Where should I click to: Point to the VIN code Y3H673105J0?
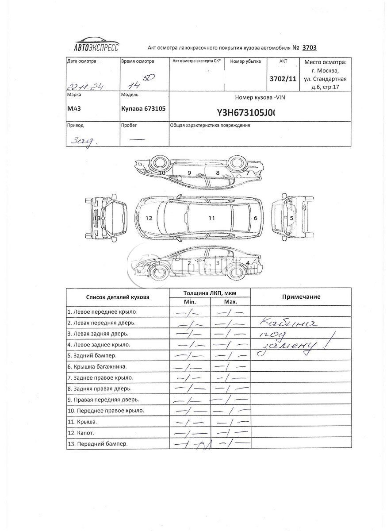click(x=246, y=112)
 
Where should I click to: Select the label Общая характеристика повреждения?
click(x=210, y=125)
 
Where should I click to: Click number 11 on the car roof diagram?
click(x=212, y=218)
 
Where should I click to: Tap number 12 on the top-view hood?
click(x=149, y=218)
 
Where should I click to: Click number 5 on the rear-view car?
click(x=291, y=218)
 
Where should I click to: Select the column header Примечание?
click(x=301, y=297)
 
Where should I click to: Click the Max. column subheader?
click(x=230, y=301)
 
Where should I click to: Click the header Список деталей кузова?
click(x=118, y=297)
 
